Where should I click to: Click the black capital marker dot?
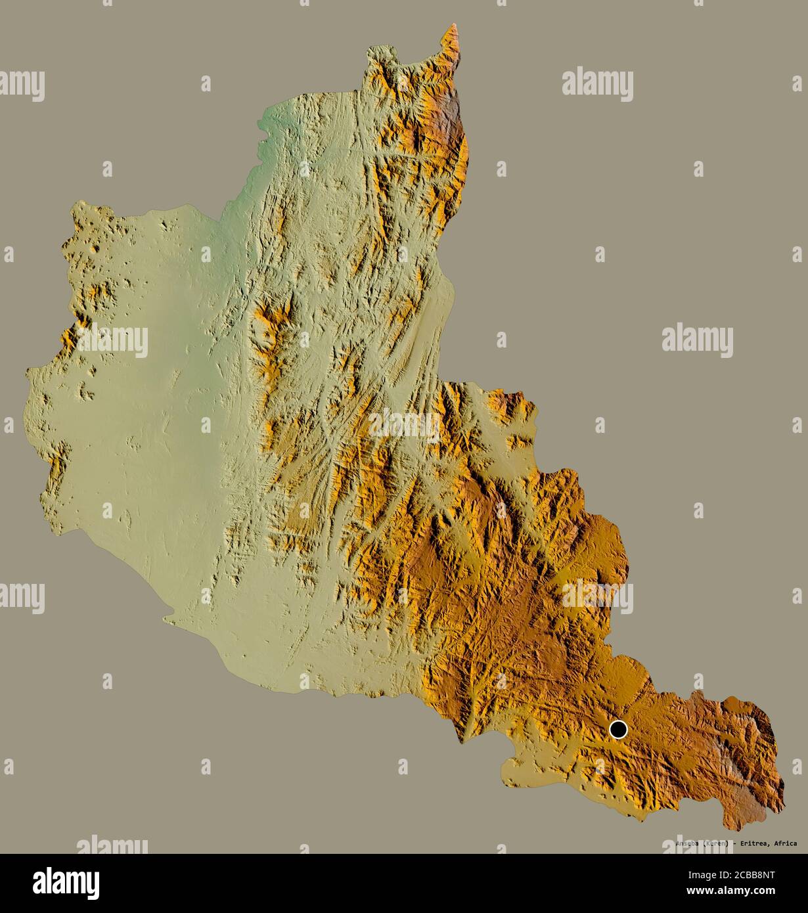tap(618, 729)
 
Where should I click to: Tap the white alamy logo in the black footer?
tap(66, 883)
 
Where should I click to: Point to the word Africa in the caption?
tap(785, 843)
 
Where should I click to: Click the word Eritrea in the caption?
tap(753, 843)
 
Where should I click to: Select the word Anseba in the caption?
tap(687, 843)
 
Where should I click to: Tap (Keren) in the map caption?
tap(717, 843)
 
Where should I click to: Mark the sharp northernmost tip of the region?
tap(453, 26)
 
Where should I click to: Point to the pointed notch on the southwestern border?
tap(168, 617)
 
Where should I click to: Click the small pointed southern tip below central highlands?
tap(462, 742)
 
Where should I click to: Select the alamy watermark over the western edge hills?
tap(112, 340)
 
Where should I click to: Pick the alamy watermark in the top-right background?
tap(597, 85)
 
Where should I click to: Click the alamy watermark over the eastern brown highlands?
tap(597, 596)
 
